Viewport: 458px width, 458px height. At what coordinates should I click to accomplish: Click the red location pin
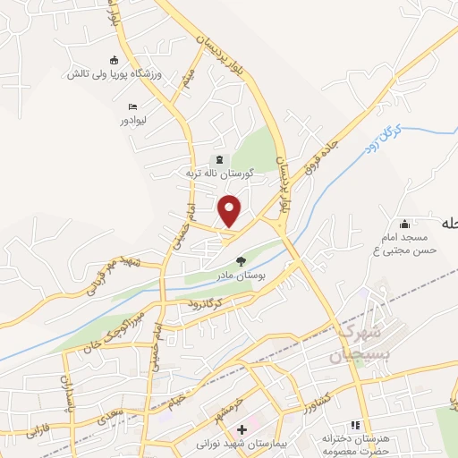(x=230, y=210)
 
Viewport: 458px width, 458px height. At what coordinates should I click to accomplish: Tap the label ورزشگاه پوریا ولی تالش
(x=104, y=74)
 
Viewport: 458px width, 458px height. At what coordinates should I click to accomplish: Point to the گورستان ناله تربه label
(x=220, y=173)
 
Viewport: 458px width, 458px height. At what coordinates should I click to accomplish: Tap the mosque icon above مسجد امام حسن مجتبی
(x=405, y=224)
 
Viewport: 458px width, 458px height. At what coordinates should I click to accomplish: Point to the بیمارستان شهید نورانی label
(x=239, y=443)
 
